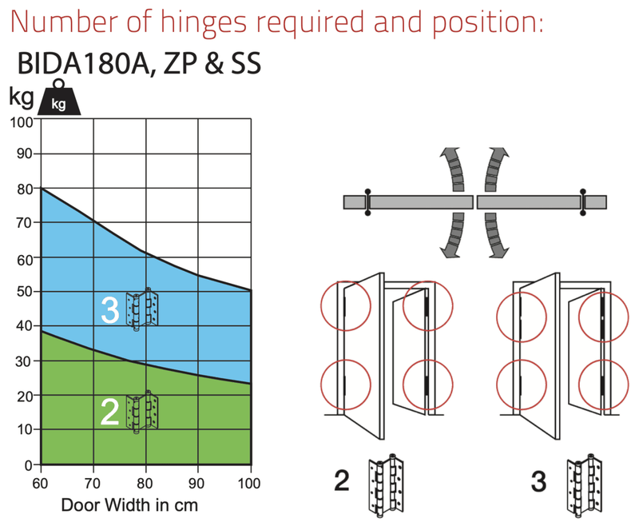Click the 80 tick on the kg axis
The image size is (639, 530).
25,189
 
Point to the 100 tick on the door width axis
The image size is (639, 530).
249,483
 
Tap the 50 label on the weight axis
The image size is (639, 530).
25,291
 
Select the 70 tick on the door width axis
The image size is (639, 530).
93,483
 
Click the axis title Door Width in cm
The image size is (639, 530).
129,505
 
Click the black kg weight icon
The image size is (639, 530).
59,97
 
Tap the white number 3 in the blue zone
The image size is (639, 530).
110,309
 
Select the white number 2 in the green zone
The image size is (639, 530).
109,412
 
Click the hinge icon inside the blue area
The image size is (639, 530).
141,309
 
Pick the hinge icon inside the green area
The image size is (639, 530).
141,412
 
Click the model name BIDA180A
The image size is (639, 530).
86,63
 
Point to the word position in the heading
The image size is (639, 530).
487,23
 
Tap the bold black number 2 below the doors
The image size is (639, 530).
342,480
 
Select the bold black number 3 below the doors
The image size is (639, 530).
538,481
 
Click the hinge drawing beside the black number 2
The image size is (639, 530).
386,485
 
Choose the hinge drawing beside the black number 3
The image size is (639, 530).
585,485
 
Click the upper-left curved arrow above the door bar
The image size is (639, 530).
454,169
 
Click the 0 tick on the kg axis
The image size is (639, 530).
29,465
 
